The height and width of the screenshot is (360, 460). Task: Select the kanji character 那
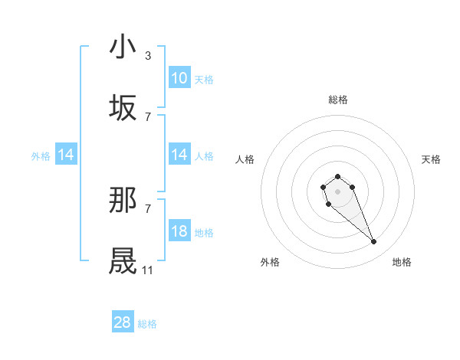[x=123, y=200]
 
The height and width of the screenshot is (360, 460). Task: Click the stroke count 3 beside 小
[x=148, y=56]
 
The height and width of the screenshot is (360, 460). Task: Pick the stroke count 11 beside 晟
[x=148, y=270]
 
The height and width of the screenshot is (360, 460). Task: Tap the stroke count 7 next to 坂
[x=148, y=117]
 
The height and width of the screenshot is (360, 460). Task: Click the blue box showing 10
[x=179, y=78]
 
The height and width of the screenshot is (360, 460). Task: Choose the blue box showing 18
[x=179, y=231]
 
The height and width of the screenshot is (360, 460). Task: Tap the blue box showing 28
[x=123, y=322]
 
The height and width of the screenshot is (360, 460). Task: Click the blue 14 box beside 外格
[x=66, y=155]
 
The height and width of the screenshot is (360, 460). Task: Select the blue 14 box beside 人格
[x=179, y=155]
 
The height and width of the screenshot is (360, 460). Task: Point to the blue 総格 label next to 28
[x=147, y=324]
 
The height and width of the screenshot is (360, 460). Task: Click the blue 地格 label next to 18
[x=204, y=232]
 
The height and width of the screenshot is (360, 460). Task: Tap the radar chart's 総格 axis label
[x=337, y=100]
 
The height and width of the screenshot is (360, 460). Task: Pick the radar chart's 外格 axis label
[x=270, y=262]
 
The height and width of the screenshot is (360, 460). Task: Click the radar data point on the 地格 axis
[x=374, y=242]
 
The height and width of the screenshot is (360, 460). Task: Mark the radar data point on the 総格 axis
[x=337, y=177]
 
